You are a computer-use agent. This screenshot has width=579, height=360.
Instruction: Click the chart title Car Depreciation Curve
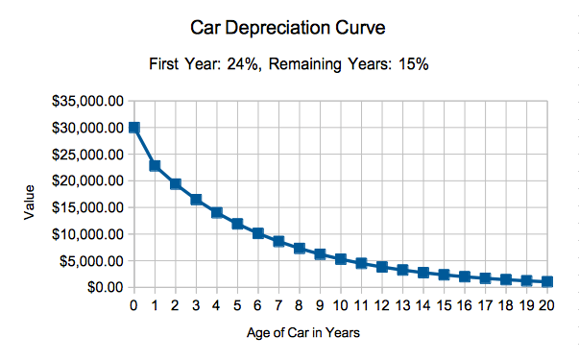point(289,28)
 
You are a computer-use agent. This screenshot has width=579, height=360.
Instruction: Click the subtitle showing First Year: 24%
point(289,64)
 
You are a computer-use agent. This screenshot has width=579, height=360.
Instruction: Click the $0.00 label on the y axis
point(103,287)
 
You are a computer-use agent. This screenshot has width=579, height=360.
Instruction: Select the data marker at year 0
point(134,128)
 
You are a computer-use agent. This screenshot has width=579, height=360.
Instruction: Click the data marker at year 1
point(155,166)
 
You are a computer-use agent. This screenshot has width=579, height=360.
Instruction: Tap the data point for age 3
point(196,200)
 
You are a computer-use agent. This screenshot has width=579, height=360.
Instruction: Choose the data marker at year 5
point(237,224)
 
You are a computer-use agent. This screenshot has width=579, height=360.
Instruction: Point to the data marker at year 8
point(300,249)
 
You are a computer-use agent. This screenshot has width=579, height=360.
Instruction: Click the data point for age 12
point(382,267)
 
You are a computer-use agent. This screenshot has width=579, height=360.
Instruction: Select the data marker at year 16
point(465,276)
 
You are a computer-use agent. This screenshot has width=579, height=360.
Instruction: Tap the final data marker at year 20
point(547,281)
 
